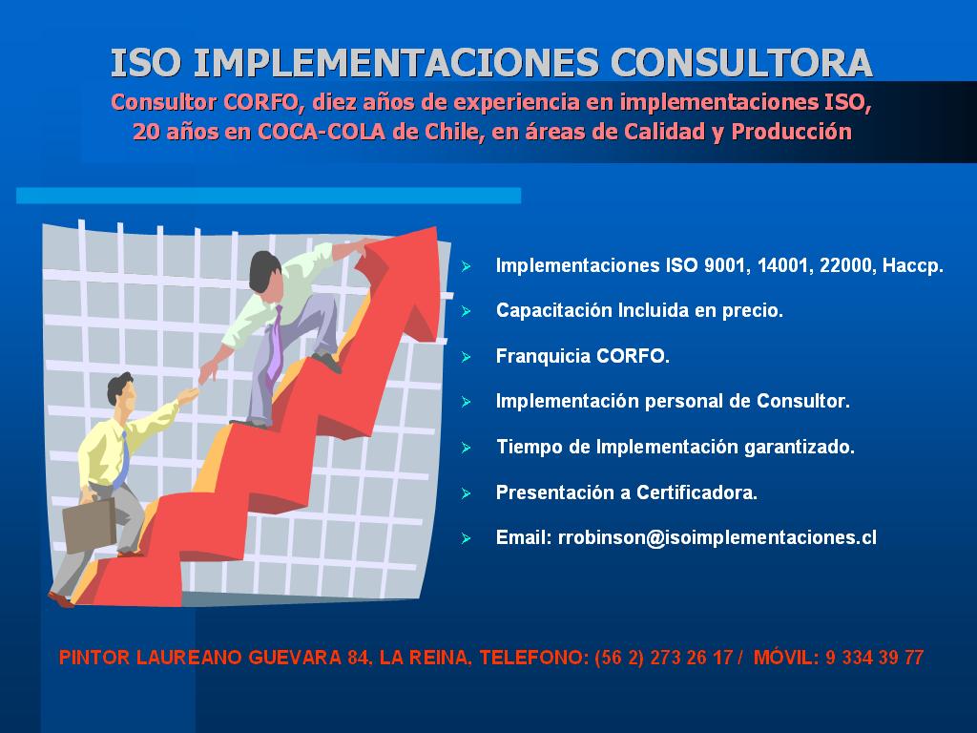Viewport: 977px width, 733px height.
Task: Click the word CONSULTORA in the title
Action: click(x=741, y=62)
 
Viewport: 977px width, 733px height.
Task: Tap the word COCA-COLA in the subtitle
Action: click(x=322, y=132)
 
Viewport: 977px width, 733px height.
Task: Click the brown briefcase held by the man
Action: click(x=89, y=526)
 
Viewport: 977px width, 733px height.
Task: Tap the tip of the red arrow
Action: click(x=435, y=229)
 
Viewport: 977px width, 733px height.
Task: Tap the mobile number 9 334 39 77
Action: click(x=874, y=658)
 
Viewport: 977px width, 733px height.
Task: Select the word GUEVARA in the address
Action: click(x=295, y=658)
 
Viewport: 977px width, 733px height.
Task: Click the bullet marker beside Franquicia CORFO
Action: click(x=466, y=357)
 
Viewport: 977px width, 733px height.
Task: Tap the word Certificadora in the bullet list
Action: click(x=696, y=493)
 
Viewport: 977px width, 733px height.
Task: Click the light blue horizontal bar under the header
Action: click(x=268, y=196)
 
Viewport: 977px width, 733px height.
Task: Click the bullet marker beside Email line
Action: click(x=466, y=538)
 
